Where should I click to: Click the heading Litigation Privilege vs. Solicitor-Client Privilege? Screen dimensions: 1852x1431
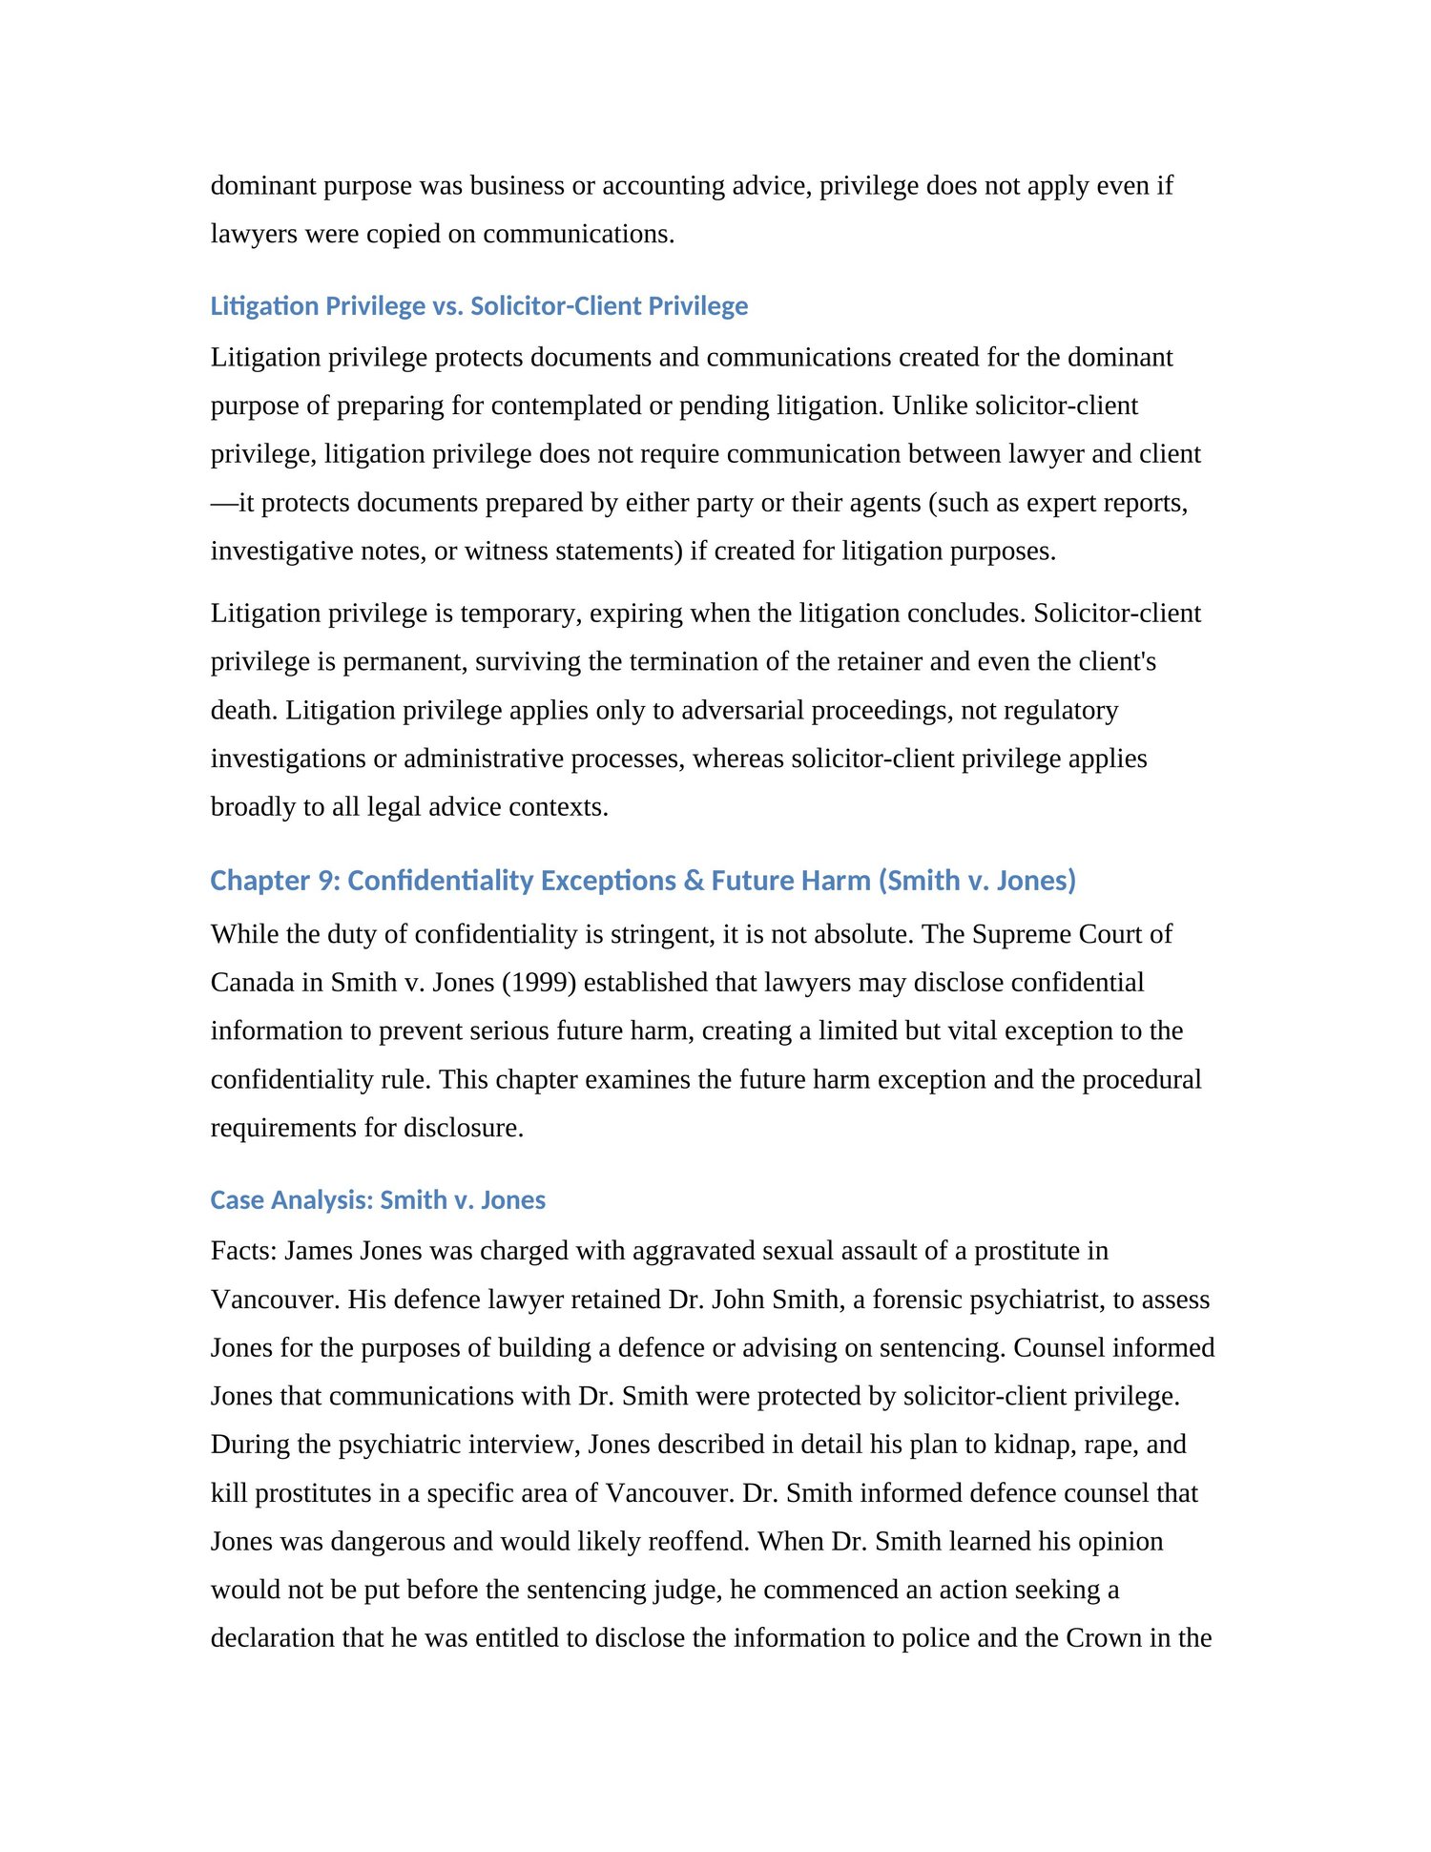coord(479,306)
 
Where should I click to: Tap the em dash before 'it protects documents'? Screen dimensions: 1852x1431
coord(224,503)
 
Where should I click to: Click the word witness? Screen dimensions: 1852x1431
coord(511,551)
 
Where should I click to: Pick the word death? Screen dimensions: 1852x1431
coord(243,710)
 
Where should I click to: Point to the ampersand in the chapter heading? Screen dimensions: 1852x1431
coord(694,881)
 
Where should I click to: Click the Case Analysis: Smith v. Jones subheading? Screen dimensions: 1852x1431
coord(378,1200)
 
